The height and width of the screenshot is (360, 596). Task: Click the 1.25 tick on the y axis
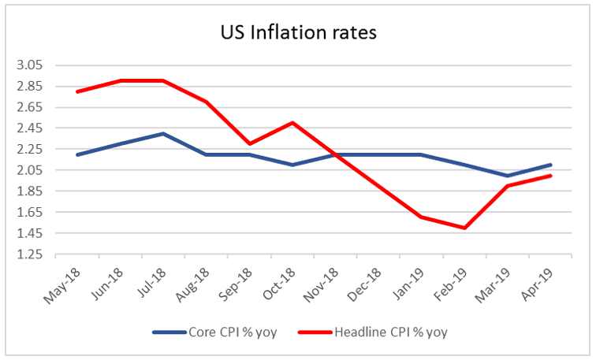click(38, 254)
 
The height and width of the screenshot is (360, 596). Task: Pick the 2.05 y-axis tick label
click(38, 170)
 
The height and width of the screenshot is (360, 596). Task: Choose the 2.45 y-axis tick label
click(38, 128)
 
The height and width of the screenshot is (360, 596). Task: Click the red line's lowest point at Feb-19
click(465, 228)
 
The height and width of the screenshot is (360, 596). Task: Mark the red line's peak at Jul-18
click(163, 80)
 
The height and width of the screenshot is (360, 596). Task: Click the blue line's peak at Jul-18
click(163, 133)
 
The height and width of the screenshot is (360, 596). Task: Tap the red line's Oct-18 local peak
click(292, 123)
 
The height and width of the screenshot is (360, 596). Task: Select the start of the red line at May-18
click(77, 91)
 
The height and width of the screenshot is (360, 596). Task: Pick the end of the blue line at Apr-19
click(551, 165)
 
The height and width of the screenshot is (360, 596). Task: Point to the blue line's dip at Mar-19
click(508, 176)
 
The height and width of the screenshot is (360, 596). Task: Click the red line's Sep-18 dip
click(249, 143)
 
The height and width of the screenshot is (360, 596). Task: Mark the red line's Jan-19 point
click(422, 217)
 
